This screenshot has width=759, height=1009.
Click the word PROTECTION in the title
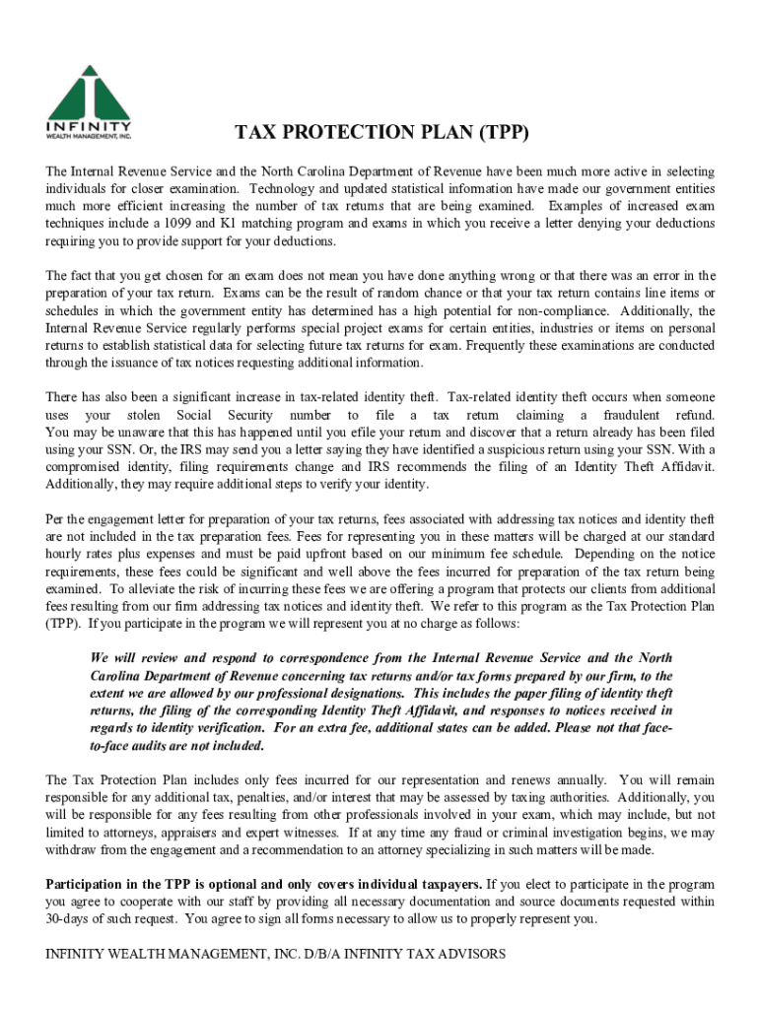pos(358,133)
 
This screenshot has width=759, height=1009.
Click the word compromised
pos(87,467)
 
